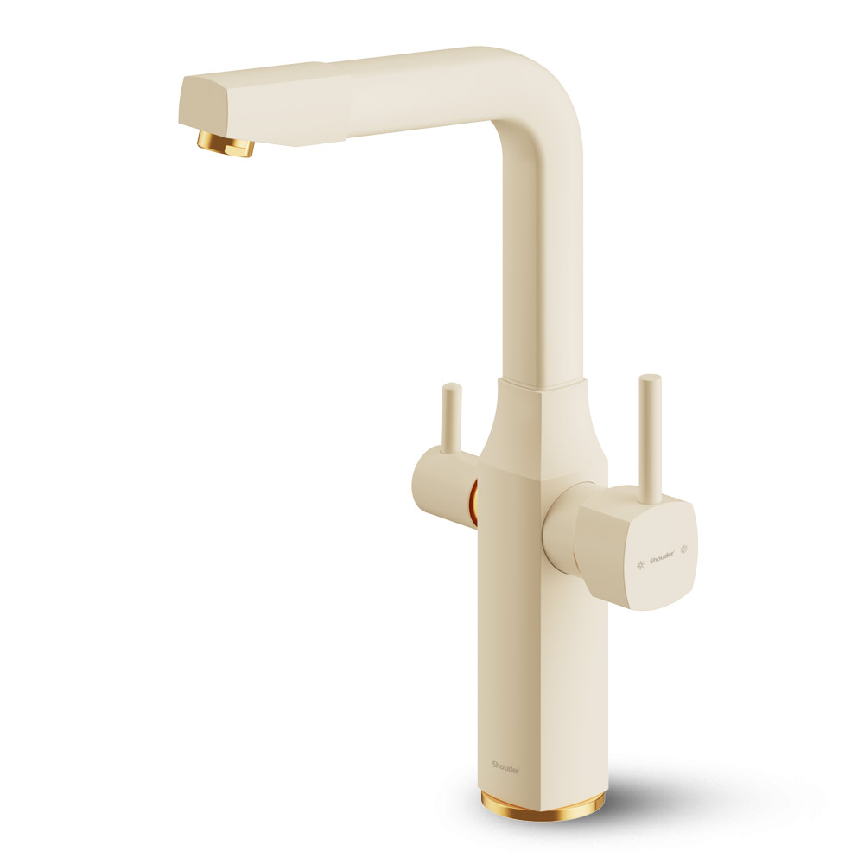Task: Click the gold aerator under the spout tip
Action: click(x=226, y=143)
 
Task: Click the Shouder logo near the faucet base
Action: click(x=505, y=766)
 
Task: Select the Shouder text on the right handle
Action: click(x=662, y=558)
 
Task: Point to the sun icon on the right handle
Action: click(x=640, y=565)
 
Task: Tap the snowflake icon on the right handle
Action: click(x=685, y=549)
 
